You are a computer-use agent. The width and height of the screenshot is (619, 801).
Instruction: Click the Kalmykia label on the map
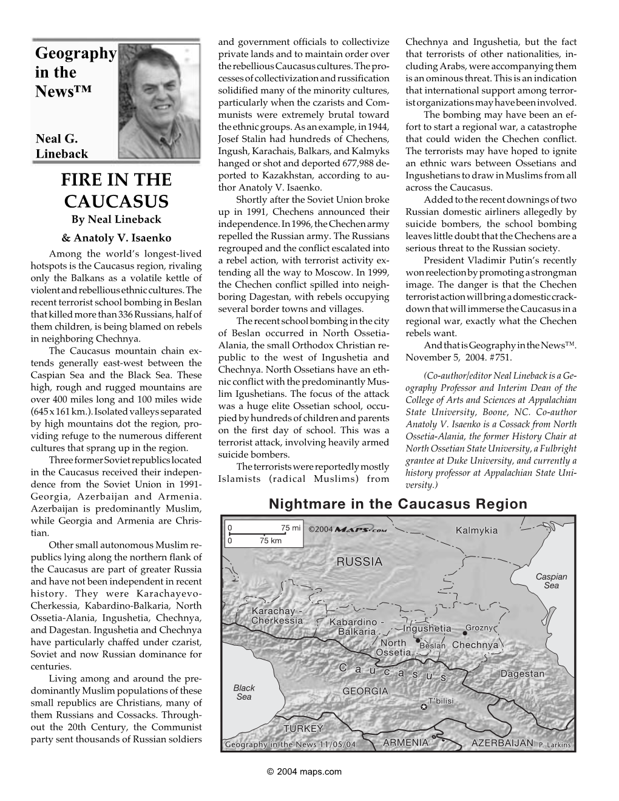coord(476,530)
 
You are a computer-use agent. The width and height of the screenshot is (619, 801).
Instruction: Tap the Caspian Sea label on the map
coord(551,581)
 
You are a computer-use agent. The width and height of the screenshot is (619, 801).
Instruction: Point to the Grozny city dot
coord(464,632)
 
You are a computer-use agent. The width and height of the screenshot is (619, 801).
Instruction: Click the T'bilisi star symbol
coord(424,706)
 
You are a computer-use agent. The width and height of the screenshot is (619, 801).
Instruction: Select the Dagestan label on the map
coord(522,674)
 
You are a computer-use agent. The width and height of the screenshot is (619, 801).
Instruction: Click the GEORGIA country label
coord(365,691)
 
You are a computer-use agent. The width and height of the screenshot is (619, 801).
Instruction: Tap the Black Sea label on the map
coord(243,692)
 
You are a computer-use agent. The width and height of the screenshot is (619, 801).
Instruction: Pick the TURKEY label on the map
coord(303,729)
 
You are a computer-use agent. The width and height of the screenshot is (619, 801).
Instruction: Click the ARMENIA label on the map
coord(405,743)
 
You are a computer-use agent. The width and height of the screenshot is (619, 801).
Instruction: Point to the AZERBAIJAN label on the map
coord(502,743)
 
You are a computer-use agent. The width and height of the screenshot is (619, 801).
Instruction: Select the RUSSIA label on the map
coord(359,561)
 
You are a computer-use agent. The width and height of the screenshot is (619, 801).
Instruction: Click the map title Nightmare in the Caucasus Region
coord(397,504)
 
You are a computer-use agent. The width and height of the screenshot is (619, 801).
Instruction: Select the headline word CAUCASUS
coord(117,201)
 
